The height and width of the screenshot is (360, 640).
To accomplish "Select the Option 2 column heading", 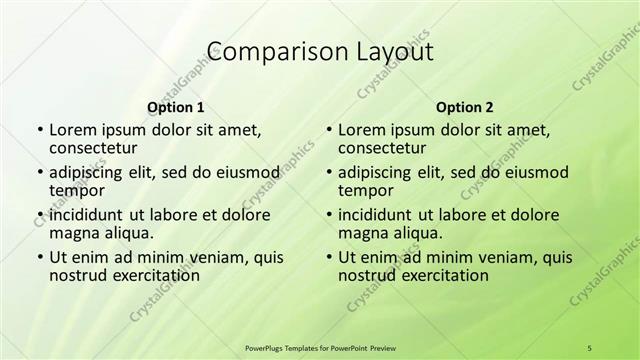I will tap(465, 107).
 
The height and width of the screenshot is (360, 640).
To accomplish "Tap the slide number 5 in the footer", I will tap(589, 347).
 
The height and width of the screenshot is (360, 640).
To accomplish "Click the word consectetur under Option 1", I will tap(96, 149).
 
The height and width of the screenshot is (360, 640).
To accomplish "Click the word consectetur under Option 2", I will tap(385, 149).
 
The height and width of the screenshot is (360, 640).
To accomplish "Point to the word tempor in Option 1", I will tap(76, 190).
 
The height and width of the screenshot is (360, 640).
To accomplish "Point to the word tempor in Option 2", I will tap(365, 190).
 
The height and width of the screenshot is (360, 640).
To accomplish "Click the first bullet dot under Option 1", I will tap(40, 130).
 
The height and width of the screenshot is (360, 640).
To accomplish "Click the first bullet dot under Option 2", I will tap(329, 130).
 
